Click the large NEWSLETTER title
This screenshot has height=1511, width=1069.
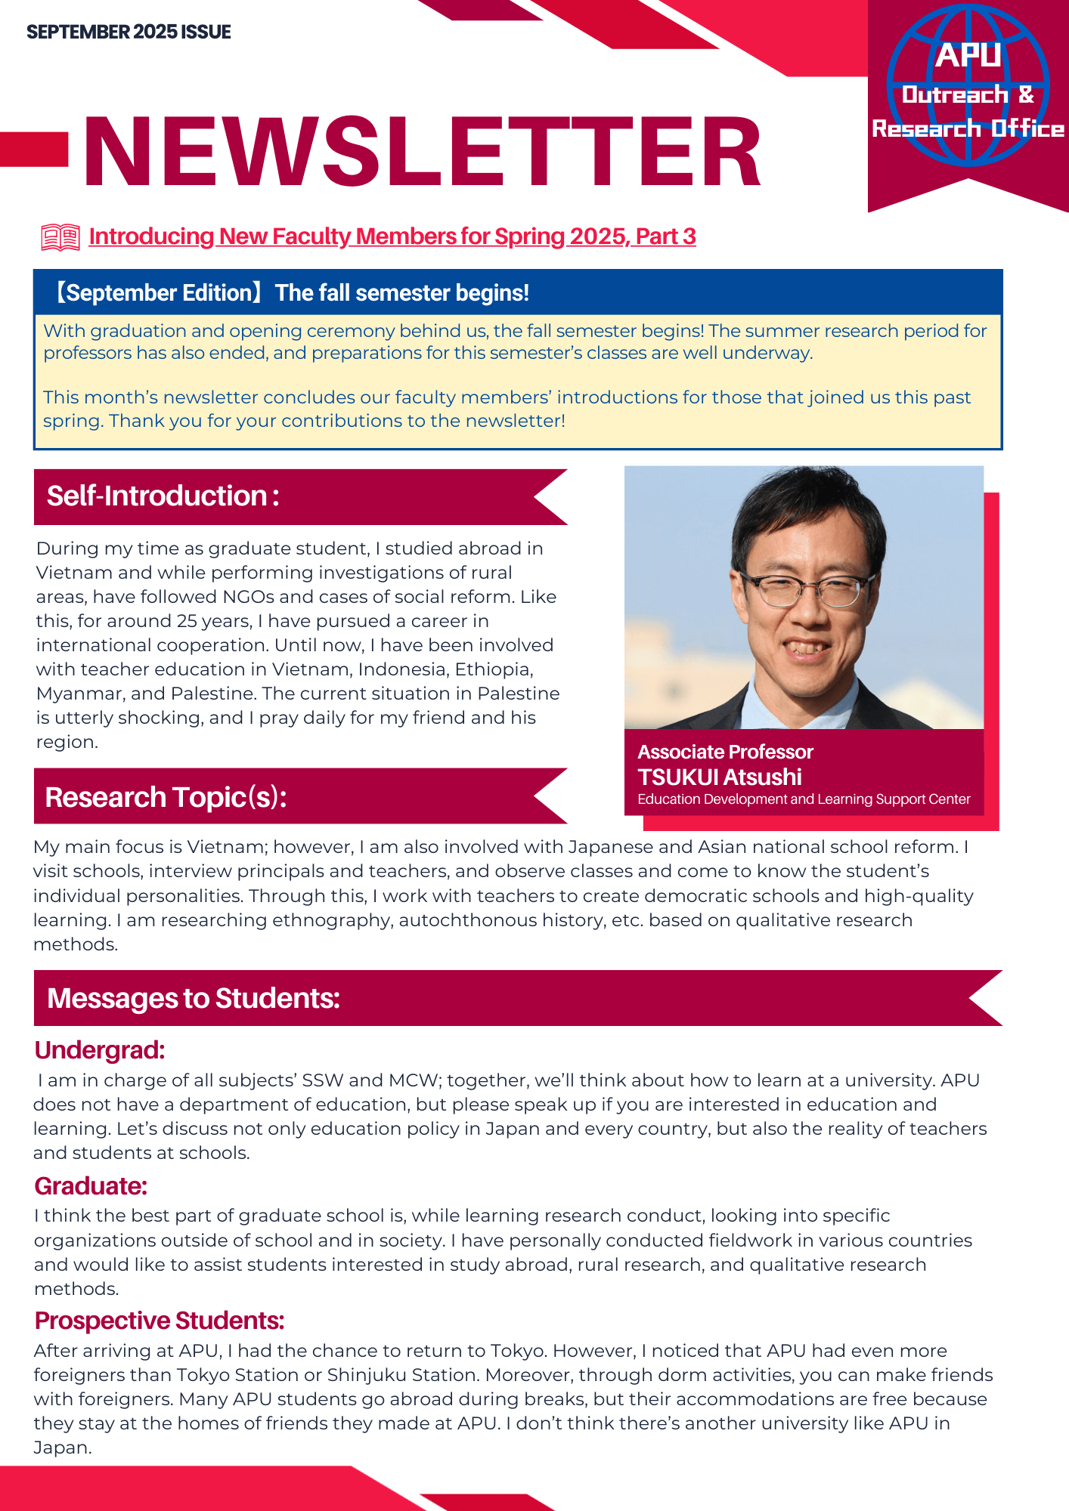click(422, 151)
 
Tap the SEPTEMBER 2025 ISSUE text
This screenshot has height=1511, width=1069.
click(129, 32)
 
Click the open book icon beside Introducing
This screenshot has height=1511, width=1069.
click(60, 237)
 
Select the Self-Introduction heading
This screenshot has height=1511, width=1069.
click(163, 496)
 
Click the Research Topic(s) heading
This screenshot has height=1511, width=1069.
click(166, 797)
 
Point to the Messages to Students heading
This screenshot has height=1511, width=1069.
click(194, 998)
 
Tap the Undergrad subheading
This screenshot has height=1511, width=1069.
click(99, 1050)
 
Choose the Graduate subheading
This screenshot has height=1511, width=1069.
click(91, 1186)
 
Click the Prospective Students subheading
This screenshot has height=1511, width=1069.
click(160, 1321)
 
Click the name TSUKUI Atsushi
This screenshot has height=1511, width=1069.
click(720, 777)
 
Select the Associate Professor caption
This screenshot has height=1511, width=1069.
click(725, 752)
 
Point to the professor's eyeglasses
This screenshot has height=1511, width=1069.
click(807, 589)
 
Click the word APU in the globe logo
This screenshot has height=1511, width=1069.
click(968, 55)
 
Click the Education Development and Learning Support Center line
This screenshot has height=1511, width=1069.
click(804, 799)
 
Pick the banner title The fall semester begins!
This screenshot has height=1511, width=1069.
click(401, 292)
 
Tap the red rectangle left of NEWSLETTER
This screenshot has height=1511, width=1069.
click(34, 149)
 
